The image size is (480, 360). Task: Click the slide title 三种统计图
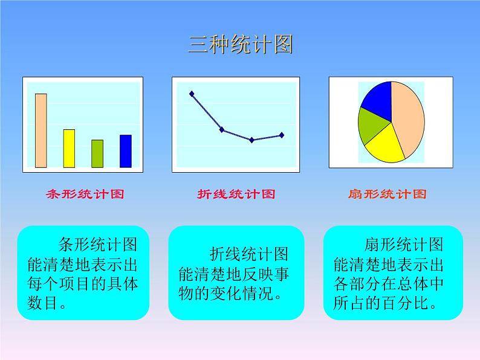[x=240, y=45]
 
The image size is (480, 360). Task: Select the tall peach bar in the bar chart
[x=41, y=130]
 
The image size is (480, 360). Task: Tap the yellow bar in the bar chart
[x=69, y=148]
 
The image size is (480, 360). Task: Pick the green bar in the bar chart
[x=97, y=153]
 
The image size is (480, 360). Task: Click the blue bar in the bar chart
[x=125, y=150]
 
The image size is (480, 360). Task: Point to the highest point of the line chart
[x=192, y=94]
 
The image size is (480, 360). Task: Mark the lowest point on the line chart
[x=251, y=140]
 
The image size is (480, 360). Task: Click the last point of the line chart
[x=282, y=135]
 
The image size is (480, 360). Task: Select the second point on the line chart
[x=222, y=129]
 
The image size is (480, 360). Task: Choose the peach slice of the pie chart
[x=406, y=118]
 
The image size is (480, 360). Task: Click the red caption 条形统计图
[x=85, y=194]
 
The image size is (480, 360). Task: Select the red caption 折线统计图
[x=236, y=194]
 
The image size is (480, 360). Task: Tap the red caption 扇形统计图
[x=388, y=194]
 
